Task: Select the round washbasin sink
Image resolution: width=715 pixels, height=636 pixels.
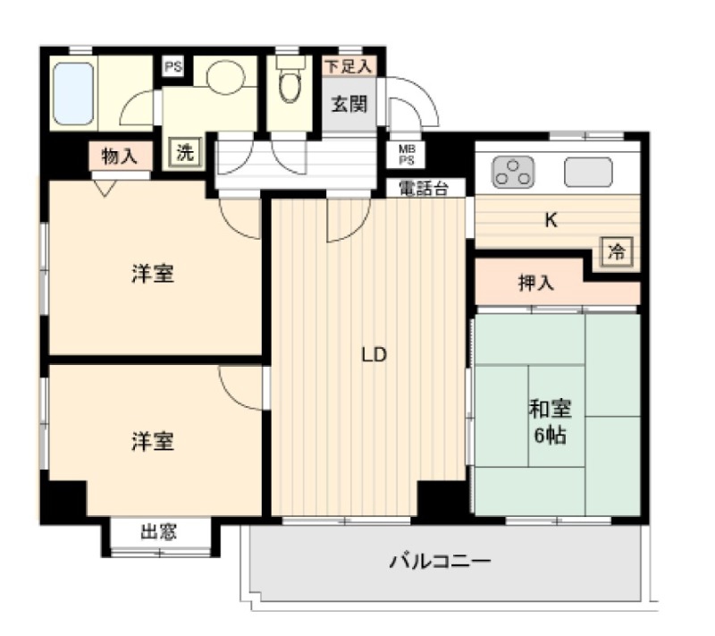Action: point(224,78)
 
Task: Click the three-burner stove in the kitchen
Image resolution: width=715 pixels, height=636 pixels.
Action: point(513,171)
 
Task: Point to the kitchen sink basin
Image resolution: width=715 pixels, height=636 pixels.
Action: point(588,171)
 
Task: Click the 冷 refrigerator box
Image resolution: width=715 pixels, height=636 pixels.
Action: point(617,252)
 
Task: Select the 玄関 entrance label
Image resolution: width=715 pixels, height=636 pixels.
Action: point(349,105)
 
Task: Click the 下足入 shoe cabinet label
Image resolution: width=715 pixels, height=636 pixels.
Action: point(349,66)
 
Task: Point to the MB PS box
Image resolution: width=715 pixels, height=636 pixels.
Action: point(407,154)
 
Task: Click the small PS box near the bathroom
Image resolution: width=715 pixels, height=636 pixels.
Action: point(171,66)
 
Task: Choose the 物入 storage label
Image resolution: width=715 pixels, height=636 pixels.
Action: point(120,157)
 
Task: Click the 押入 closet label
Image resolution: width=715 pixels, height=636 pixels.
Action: point(536,284)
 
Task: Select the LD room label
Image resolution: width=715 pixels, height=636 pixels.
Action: point(373,355)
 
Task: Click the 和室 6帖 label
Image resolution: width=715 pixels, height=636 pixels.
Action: point(550,422)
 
